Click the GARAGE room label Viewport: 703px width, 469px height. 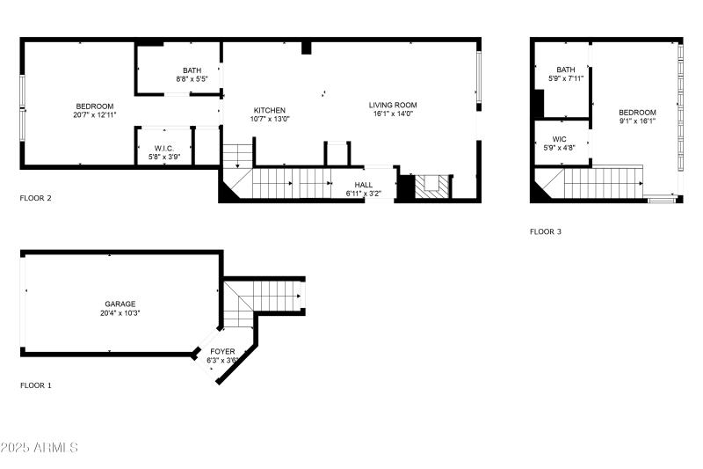click(121, 304)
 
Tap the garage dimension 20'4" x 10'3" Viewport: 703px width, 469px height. click(121, 312)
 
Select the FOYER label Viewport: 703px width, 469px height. click(221, 351)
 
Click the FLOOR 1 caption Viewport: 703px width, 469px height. click(36, 385)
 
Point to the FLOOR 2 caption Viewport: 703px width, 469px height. click(36, 198)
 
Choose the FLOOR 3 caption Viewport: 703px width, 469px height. click(546, 232)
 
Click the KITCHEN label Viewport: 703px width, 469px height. click(270, 110)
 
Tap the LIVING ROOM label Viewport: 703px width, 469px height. click(393, 105)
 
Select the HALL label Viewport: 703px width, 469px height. click(363, 185)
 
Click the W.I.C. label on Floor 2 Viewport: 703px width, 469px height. click(165, 148)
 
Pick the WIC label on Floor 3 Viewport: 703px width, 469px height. click(560, 139)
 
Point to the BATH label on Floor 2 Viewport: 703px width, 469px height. click(192, 70)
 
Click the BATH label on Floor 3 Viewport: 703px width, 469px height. click(566, 70)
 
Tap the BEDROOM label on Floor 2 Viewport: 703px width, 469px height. click(95, 106)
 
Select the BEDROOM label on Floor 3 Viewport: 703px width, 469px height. click(637, 112)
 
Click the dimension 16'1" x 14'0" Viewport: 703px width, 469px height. click(393, 114)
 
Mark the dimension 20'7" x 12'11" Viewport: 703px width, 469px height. click(95, 115)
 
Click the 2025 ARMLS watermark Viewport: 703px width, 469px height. click(40, 448)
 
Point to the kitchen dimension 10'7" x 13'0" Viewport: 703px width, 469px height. click(270, 119)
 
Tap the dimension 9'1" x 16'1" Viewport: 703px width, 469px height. click(637, 121)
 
